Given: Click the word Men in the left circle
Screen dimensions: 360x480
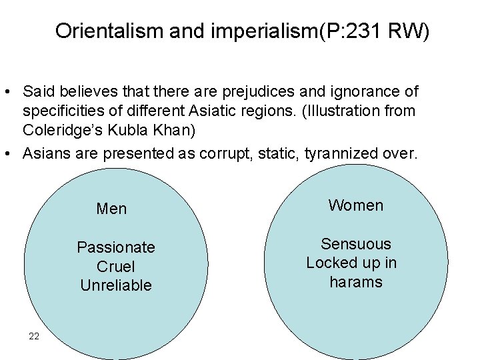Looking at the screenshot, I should click(x=111, y=209).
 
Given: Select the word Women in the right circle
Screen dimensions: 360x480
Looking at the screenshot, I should click(x=356, y=205).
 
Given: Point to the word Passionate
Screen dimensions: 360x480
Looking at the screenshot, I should click(x=116, y=247).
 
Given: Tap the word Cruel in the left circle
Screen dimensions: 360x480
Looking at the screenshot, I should click(x=116, y=267).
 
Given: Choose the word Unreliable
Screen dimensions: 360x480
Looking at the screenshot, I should click(x=116, y=285).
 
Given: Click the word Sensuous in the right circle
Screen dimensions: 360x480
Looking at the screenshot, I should click(x=356, y=244).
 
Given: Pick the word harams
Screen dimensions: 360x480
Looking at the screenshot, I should click(x=356, y=282).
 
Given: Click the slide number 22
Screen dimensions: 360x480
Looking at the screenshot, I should click(x=34, y=336).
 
